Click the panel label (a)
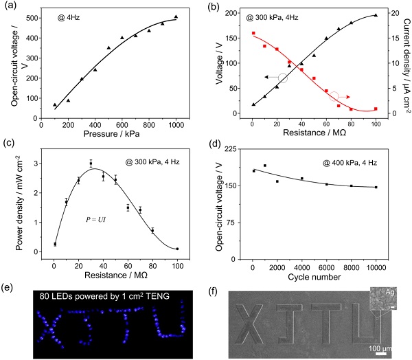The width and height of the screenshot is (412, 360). [13, 8]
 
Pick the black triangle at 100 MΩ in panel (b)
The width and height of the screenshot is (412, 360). [376, 15]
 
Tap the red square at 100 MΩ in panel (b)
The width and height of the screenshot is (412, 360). [376, 109]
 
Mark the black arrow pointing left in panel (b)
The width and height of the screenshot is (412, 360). [268, 78]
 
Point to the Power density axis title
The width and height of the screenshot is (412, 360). [12, 203]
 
